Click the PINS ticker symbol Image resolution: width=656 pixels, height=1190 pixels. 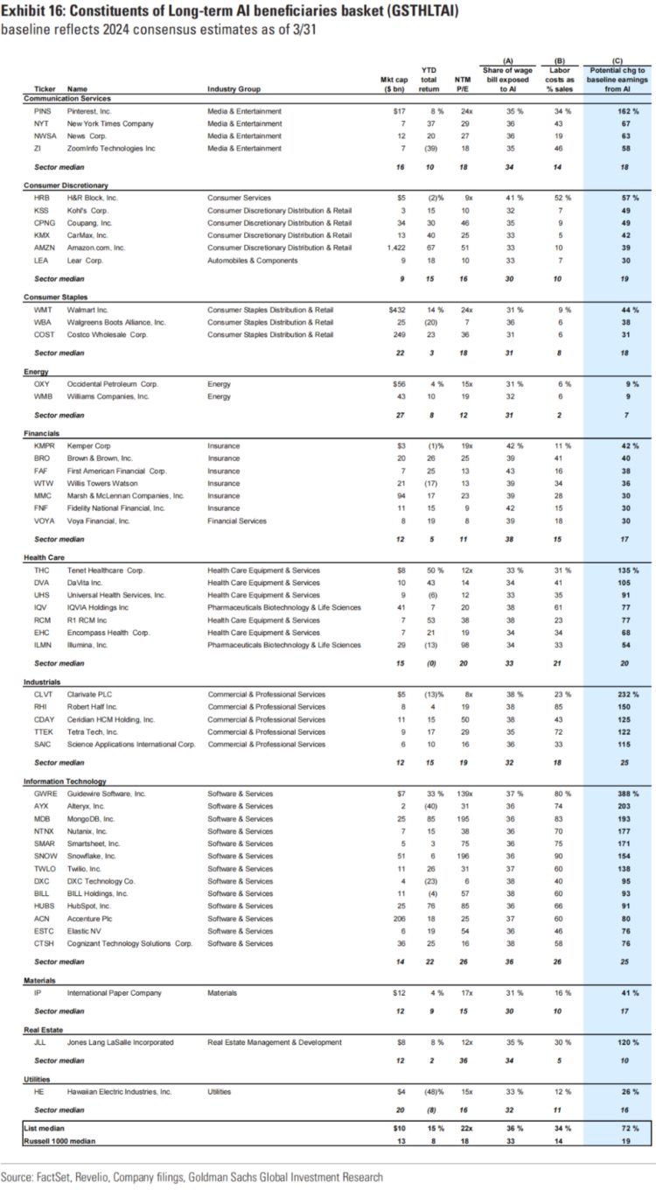[x=42, y=111]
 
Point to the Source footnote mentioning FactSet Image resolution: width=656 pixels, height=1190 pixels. [x=192, y=1177]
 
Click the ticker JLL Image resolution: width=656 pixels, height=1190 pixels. [x=40, y=1042]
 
